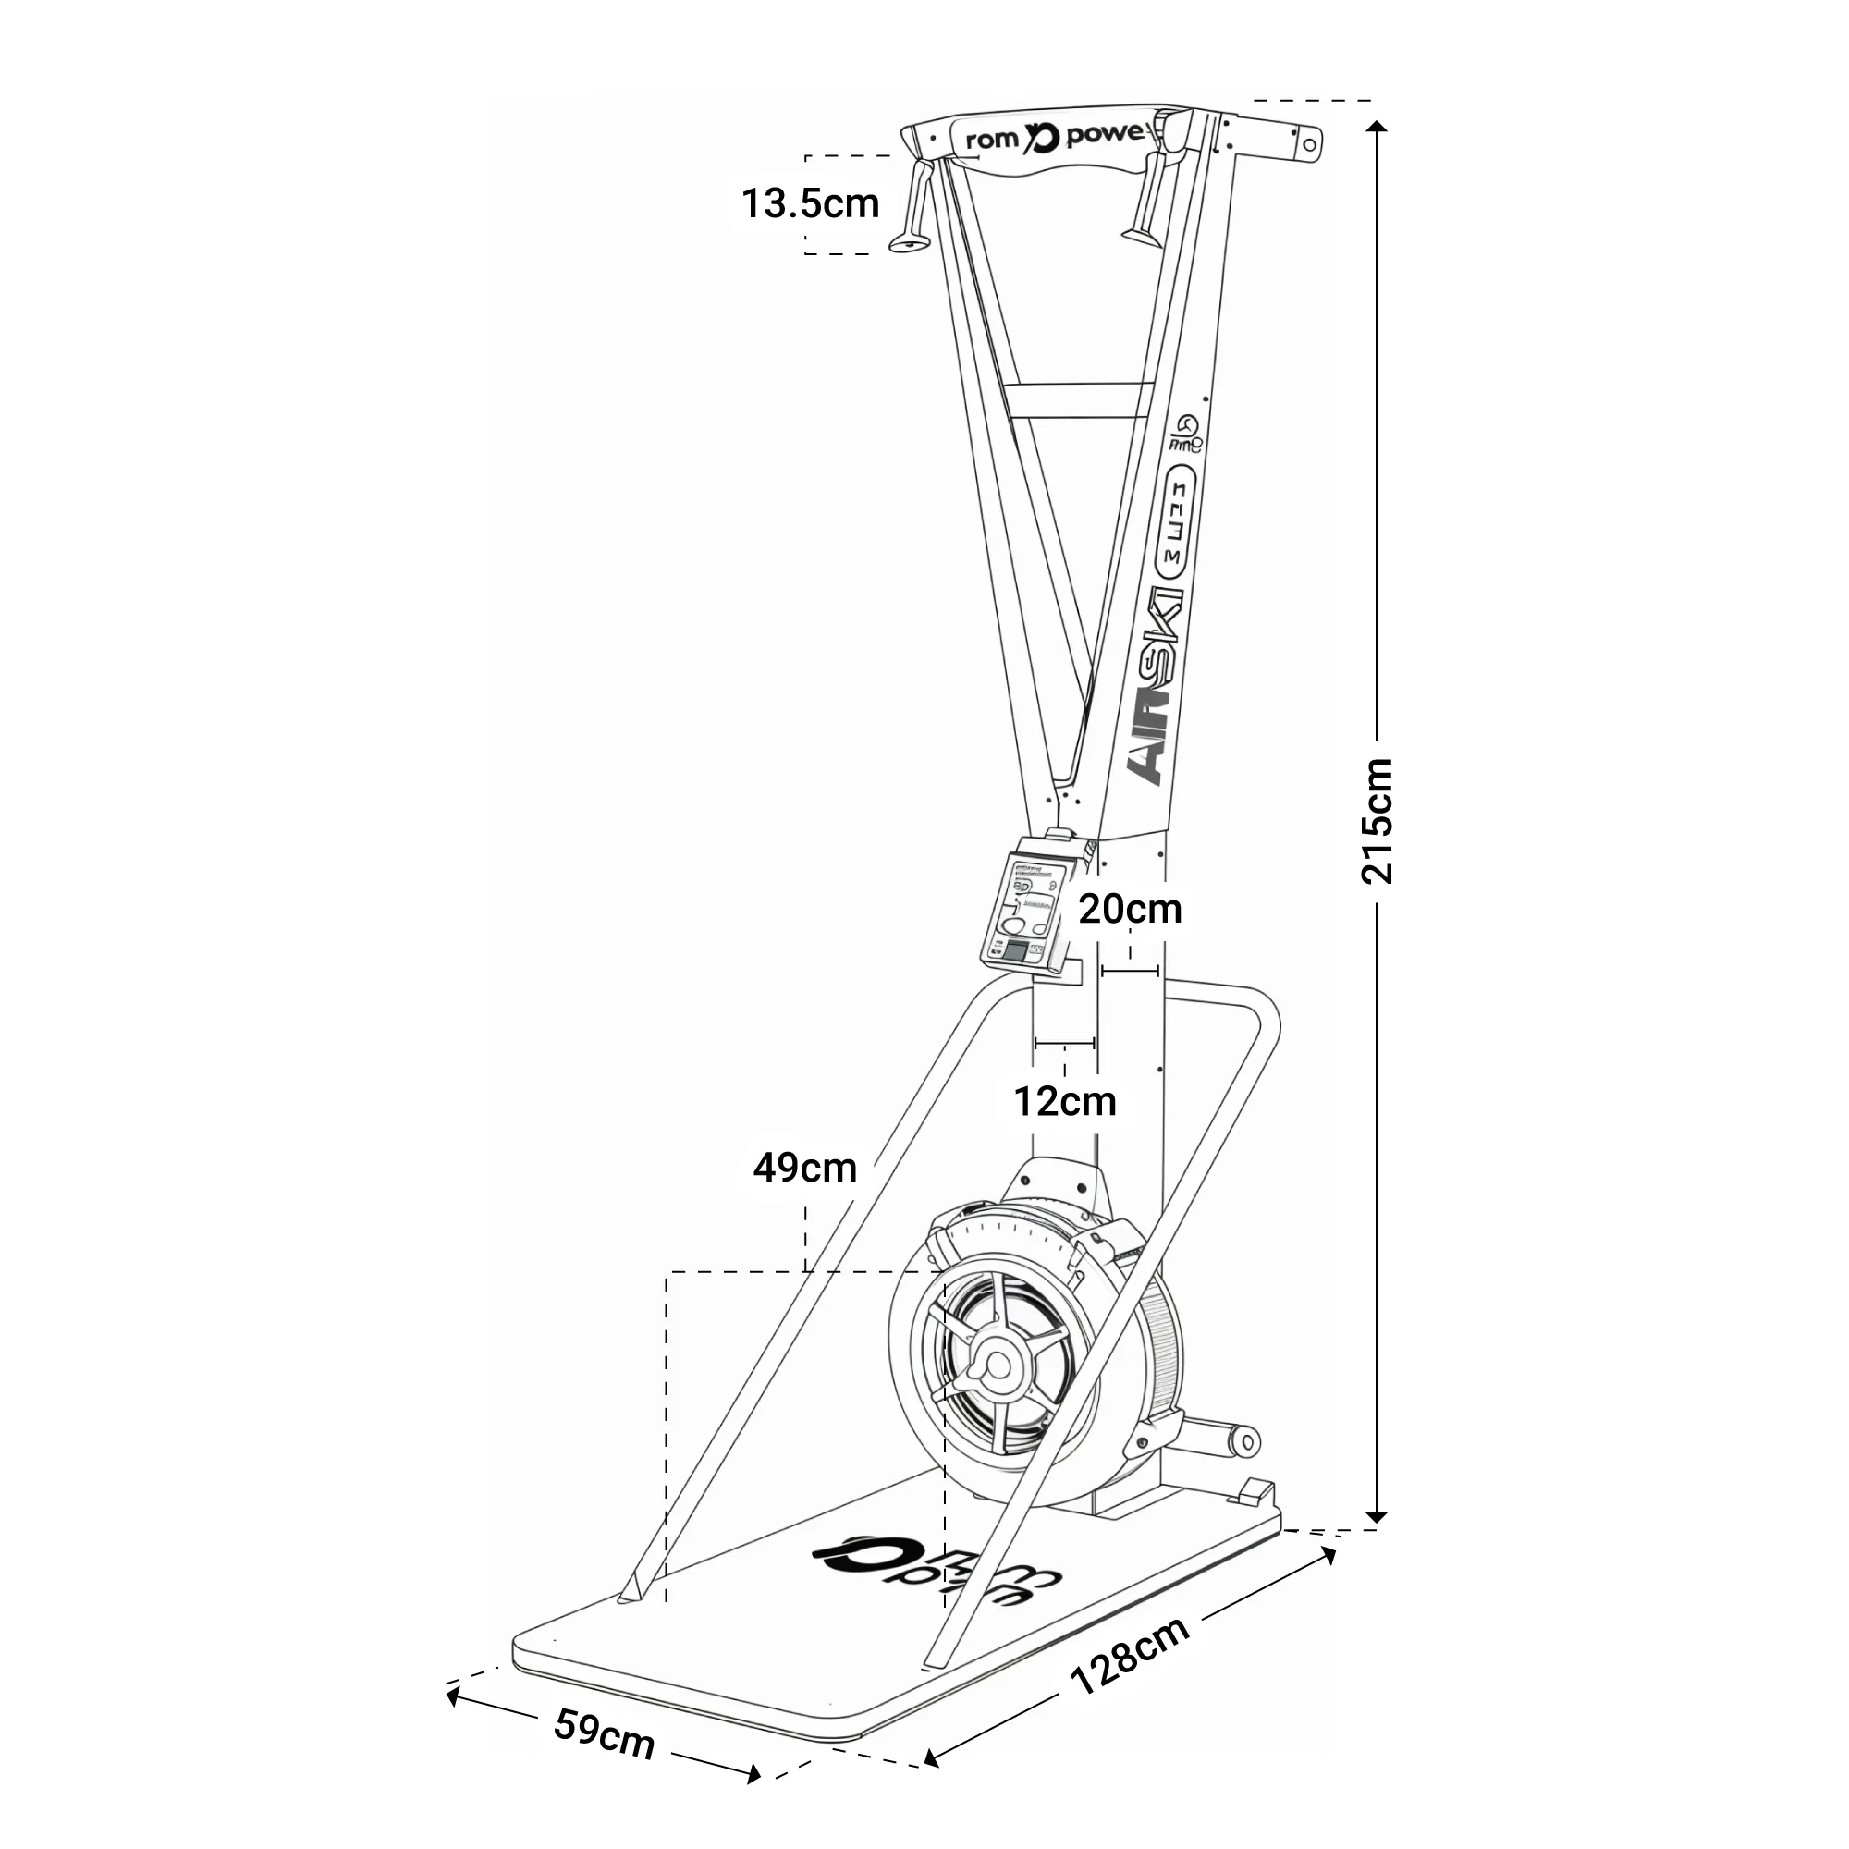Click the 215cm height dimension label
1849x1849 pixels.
(1378, 820)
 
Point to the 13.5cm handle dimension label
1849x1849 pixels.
(810, 203)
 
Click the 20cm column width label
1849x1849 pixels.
(1131, 909)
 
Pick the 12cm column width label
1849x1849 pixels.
(1064, 1102)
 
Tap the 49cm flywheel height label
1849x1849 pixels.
(804, 1168)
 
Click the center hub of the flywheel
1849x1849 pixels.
(998, 1363)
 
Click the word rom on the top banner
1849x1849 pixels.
(991, 140)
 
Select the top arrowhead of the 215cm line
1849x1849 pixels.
(1377, 128)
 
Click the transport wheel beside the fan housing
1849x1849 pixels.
(1246, 1442)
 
